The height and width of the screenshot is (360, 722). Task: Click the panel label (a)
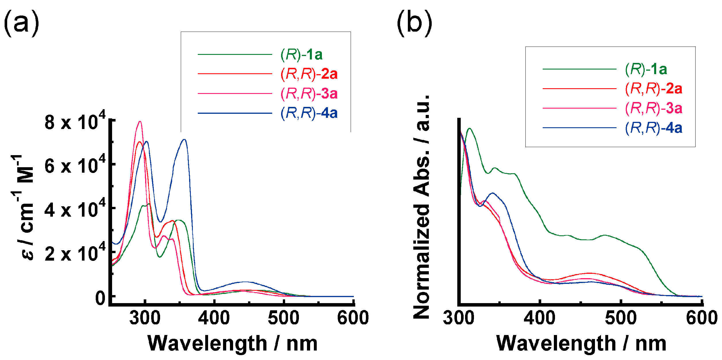[21, 23]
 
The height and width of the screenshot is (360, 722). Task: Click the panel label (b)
[414, 23]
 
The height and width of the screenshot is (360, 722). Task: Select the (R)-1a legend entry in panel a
[302, 55]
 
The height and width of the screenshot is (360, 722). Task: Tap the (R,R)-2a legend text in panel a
[309, 74]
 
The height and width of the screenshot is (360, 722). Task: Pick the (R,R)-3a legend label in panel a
[309, 94]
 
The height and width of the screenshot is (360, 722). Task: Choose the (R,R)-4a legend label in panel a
[309, 113]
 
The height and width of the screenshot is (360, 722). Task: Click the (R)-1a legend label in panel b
[646, 69]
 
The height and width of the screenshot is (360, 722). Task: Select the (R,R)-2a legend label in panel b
[653, 89]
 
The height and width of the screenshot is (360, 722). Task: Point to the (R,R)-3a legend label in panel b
[653, 108]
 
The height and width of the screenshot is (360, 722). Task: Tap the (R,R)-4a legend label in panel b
[653, 128]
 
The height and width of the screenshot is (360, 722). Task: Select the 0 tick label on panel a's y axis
[100, 298]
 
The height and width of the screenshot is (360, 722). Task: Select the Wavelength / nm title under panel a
[233, 343]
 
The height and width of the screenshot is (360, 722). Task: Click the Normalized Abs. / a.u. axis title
[421, 207]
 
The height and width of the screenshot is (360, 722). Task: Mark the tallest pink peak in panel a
[140, 122]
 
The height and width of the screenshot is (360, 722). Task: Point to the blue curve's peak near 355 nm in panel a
[184, 140]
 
